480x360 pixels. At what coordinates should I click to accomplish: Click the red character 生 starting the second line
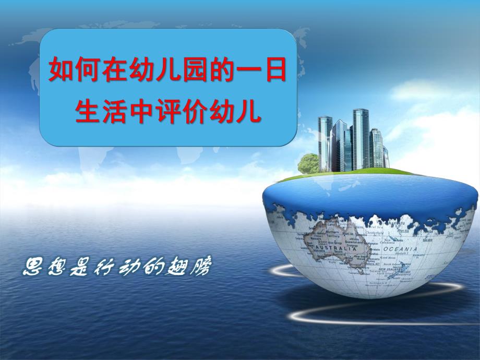click(88, 111)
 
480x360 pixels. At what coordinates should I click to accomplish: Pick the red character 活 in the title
click(115, 111)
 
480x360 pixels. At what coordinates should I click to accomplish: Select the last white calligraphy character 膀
click(201, 268)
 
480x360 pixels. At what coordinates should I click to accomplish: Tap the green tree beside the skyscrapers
click(308, 163)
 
